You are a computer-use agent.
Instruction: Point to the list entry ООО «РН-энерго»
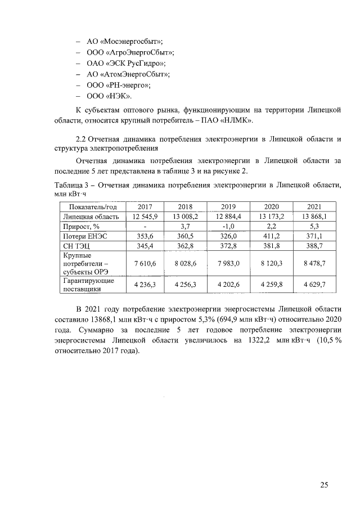pos(118,85)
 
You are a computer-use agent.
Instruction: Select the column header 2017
pos(145,206)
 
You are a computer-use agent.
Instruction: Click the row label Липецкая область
pos(91,216)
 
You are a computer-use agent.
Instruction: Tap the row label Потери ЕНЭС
pos(87,237)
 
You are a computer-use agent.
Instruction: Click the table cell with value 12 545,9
pos(145,216)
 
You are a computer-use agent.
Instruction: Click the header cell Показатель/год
pos(92,206)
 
